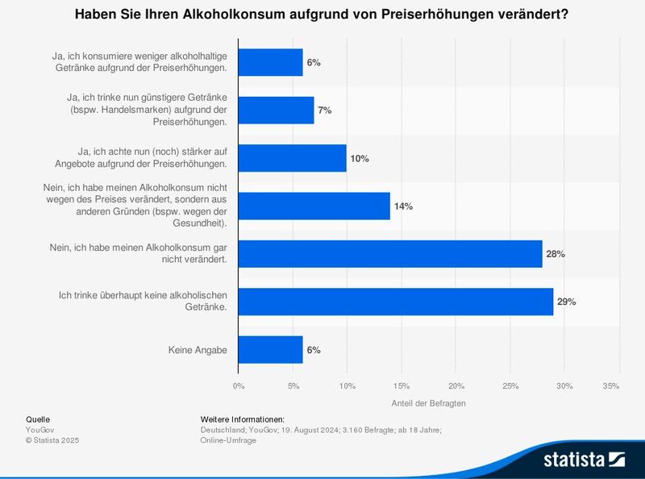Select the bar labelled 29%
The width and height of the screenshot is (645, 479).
click(x=396, y=302)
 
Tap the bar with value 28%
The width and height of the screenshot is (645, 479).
click(x=390, y=254)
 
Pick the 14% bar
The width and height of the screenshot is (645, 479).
click(x=314, y=206)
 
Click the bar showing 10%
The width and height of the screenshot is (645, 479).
click(x=293, y=158)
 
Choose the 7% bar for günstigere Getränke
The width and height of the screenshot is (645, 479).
click(x=277, y=110)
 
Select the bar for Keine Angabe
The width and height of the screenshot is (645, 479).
click(x=271, y=350)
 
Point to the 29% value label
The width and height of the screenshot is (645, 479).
click(x=566, y=302)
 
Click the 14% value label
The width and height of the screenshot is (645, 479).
click(x=403, y=206)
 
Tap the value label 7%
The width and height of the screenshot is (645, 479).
click(x=325, y=110)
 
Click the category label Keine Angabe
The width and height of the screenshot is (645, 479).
click(x=198, y=350)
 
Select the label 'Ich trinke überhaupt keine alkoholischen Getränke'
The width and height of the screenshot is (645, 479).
click(x=143, y=302)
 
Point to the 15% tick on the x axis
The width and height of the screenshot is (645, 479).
click(x=402, y=386)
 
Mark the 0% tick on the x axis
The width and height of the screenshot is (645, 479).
click(x=239, y=386)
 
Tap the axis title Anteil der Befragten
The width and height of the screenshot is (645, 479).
click(x=428, y=402)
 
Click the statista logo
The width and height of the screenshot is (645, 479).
click(x=585, y=460)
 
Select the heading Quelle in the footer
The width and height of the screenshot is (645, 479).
click(x=38, y=419)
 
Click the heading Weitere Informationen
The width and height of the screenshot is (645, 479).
click(x=242, y=419)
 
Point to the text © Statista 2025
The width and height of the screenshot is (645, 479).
click(x=52, y=440)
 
